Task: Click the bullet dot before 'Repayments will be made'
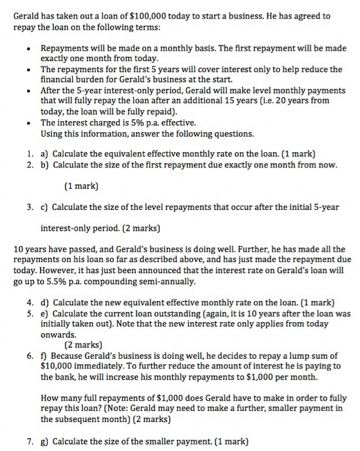[x=30, y=48]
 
